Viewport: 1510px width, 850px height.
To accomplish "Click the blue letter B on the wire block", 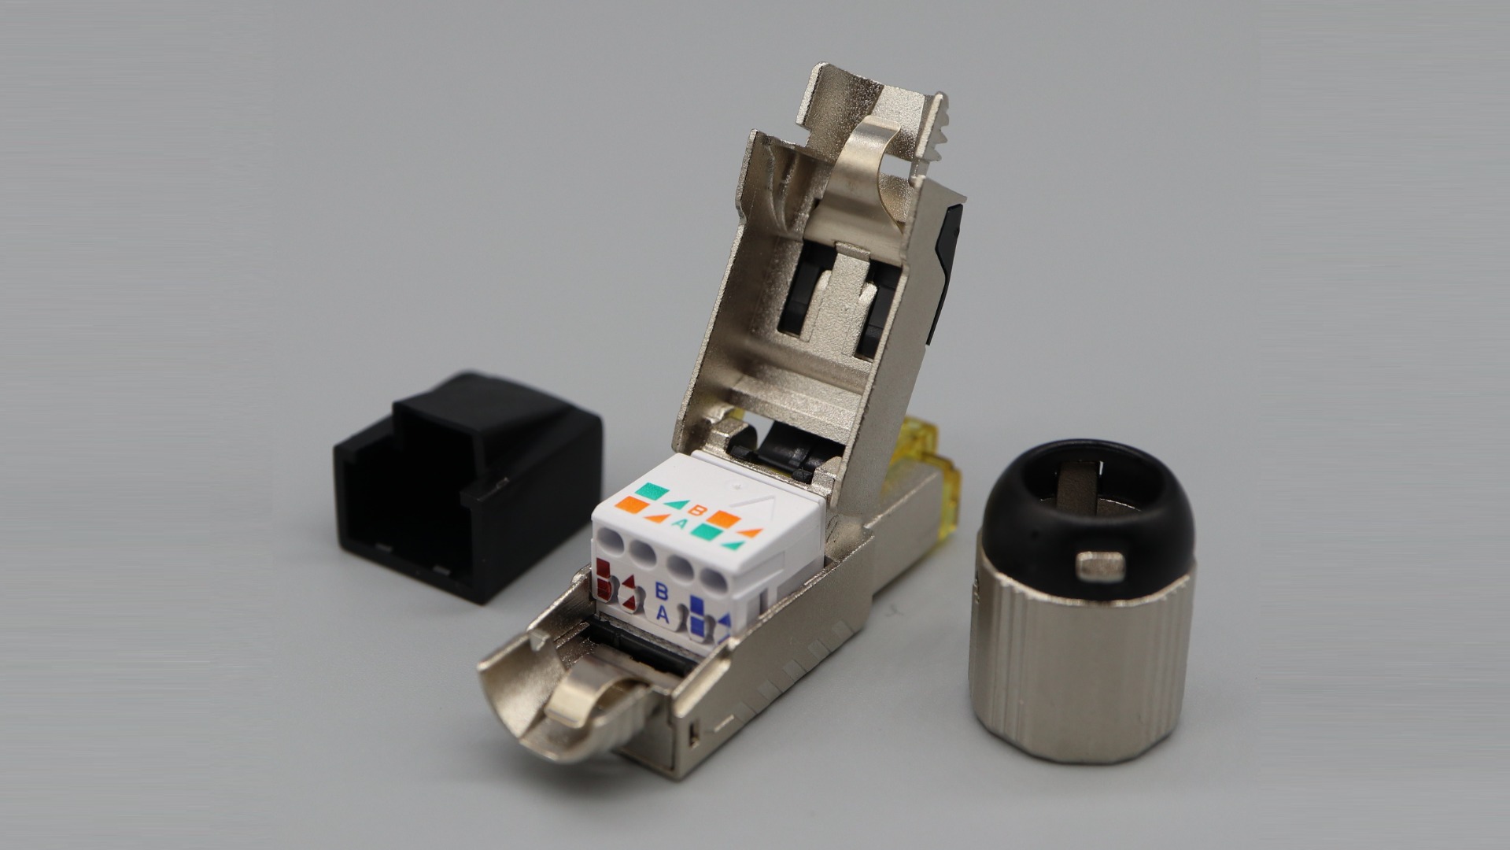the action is [x=662, y=591].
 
